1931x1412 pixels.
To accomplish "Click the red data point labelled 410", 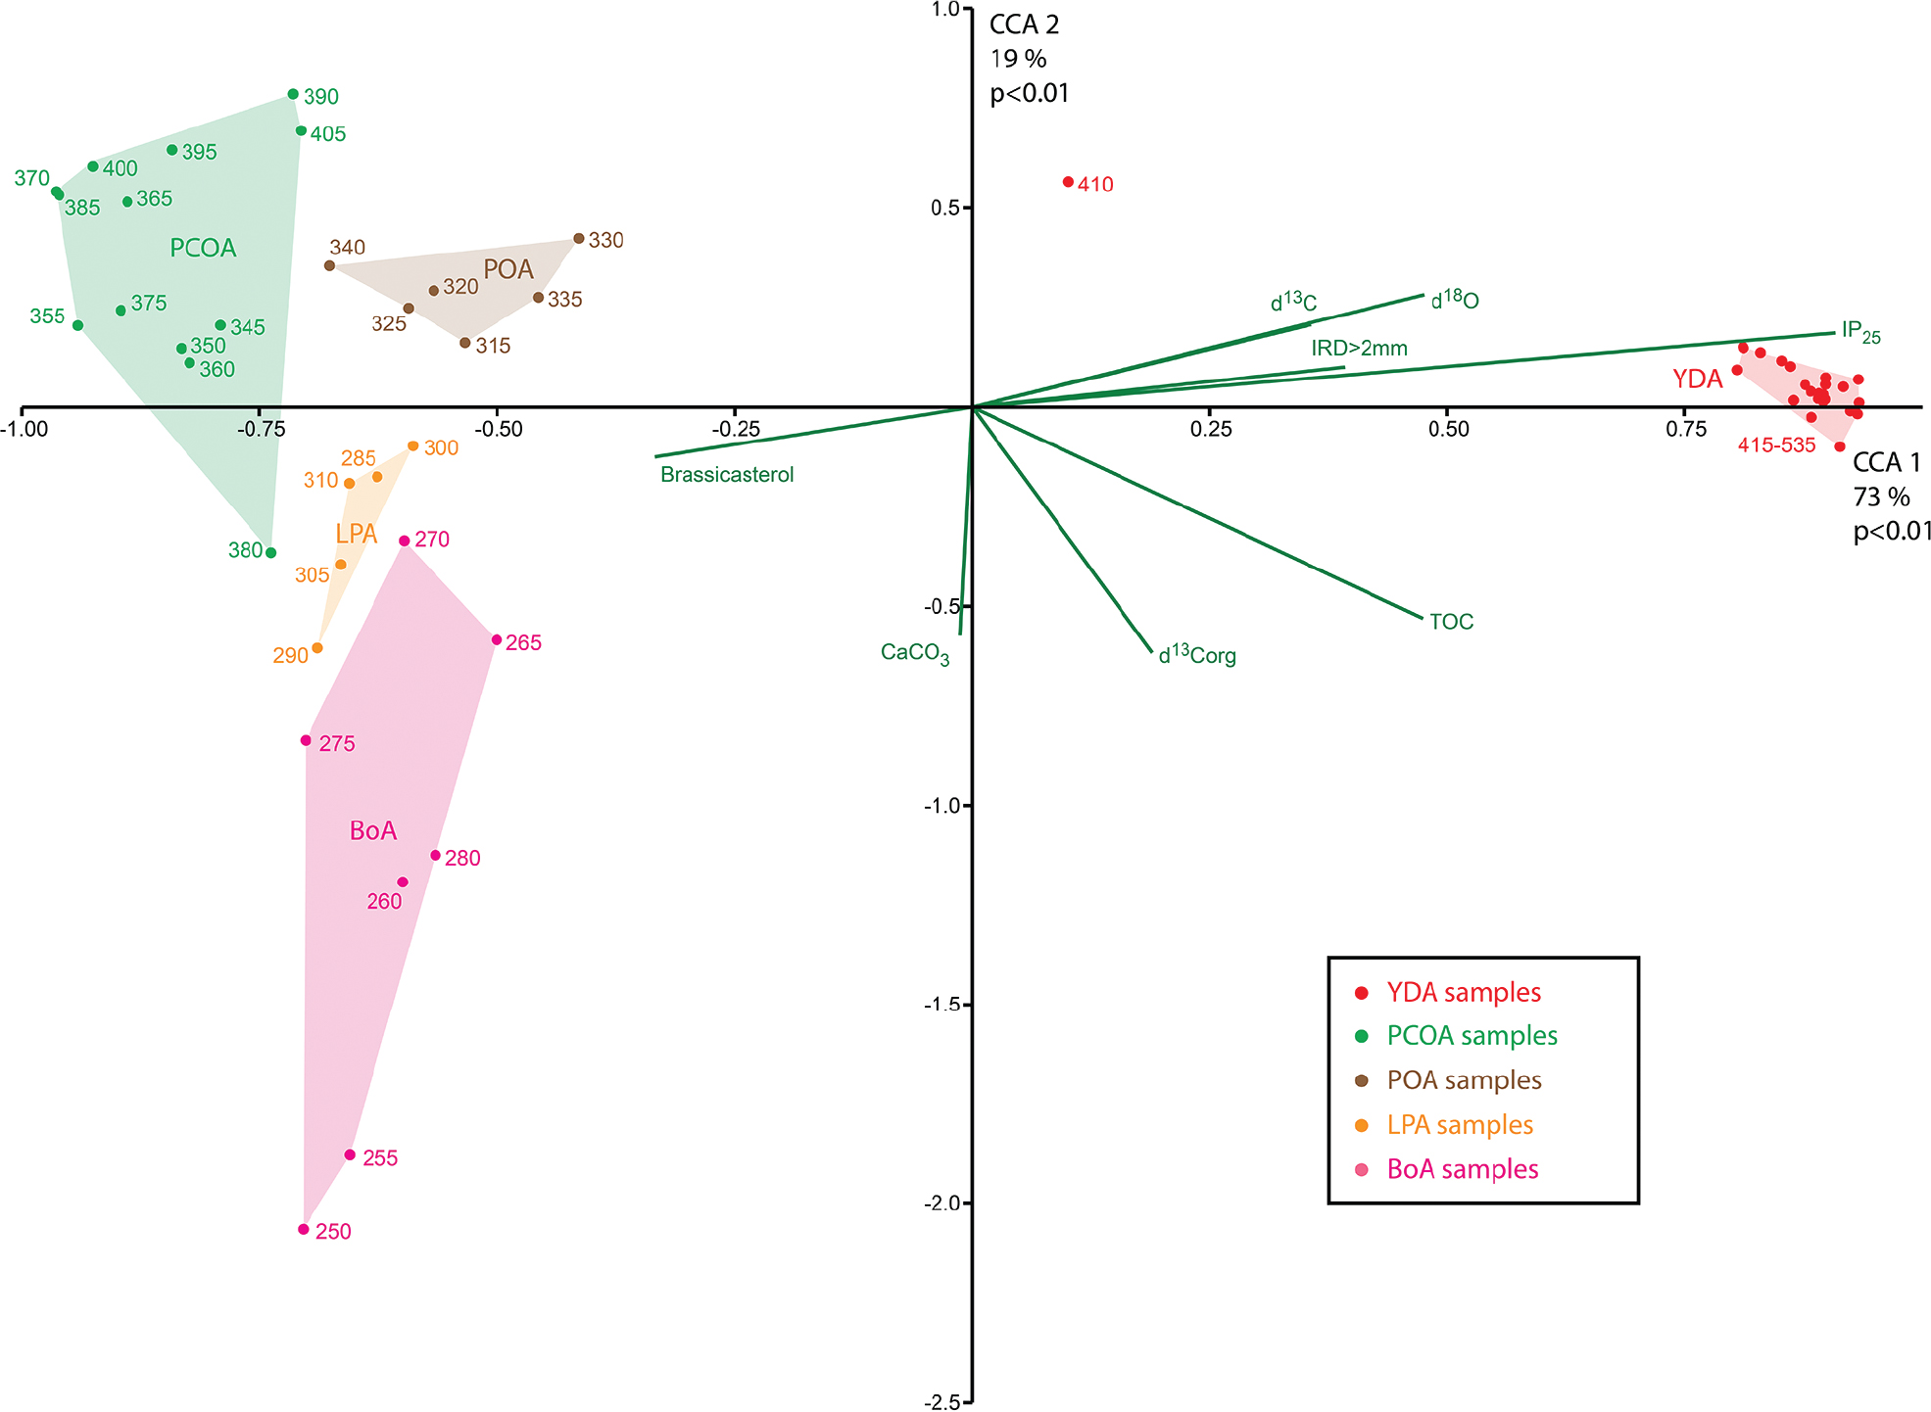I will tap(1068, 182).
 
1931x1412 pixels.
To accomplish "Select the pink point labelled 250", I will tap(304, 1229).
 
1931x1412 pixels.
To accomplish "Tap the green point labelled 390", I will tap(293, 95).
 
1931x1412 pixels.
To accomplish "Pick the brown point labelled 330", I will tap(579, 239).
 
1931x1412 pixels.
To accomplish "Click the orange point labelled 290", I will tap(317, 648).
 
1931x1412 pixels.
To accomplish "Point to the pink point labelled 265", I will tap(497, 640).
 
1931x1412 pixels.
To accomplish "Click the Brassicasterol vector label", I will tap(727, 475).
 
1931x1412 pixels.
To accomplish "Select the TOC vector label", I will tap(1451, 622).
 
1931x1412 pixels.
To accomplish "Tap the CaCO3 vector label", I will tap(915, 653).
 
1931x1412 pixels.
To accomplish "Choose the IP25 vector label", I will tap(1860, 332).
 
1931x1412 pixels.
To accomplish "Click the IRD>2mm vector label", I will tap(1359, 349).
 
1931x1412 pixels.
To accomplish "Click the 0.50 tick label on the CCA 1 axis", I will tap(1448, 429).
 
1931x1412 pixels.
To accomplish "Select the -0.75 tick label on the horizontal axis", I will tap(261, 429).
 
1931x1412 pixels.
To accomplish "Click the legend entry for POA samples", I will tap(1464, 1080).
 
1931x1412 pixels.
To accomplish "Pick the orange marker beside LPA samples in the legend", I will tap(1361, 1125).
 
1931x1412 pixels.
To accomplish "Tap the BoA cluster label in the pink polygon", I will tap(373, 831).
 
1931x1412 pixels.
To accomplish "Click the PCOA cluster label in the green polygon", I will tap(203, 249).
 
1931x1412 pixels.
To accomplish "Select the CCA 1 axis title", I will tap(1886, 463).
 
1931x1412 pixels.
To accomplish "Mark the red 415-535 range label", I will tap(1776, 446).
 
